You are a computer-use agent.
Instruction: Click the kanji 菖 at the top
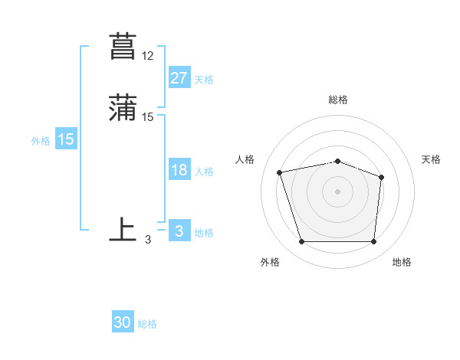[x=123, y=46]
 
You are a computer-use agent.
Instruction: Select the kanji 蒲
[x=123, y=107]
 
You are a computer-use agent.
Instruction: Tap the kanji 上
[x=123, y=230]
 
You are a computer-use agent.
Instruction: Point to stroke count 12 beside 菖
[x=148, y=56]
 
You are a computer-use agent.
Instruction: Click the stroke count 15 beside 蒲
[x=148, y=117]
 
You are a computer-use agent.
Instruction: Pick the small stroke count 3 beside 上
[x=148, y=240]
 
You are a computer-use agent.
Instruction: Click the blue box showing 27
[x=179, y=77]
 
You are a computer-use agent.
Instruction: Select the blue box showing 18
[x=179, y=170]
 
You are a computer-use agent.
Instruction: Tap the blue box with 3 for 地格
[x=179, y=231]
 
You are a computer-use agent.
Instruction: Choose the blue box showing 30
[x=123, y=322]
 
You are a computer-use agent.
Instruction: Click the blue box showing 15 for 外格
[x=65, y=139]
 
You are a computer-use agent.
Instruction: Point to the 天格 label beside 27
[x=204, y=79]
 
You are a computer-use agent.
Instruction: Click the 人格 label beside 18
[x=204, y=172]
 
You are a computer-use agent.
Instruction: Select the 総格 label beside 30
[x=147, y=324]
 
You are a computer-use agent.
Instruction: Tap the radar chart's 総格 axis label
[x=337, y=100]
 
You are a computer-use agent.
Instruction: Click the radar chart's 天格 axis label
[x=432, y=159]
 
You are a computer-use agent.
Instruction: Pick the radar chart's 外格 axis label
[x=270, y=263]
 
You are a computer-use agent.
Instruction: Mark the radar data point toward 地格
[x=373, y=242]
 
